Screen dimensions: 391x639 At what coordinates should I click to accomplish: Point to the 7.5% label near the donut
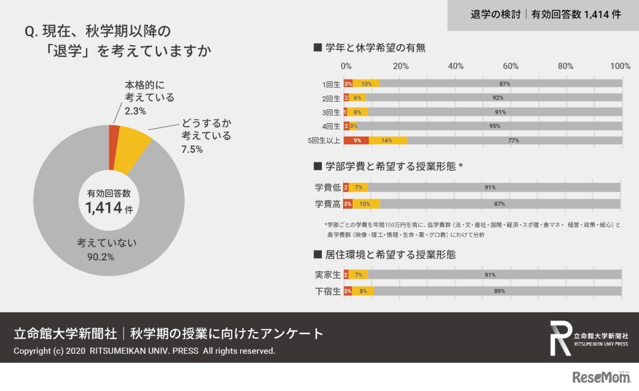pyautogui.click(x=193, y=149)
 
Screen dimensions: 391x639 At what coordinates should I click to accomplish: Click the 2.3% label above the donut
pyautogui.click(x=135, y=111)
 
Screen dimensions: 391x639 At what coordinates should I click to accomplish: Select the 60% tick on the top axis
pyautogui.click(x=510, y=66)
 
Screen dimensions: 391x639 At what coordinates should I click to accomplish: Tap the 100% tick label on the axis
pyautogui.click(x=620, y=66)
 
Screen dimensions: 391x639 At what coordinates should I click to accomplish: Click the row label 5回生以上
pyautogui.click(x=323, y=141)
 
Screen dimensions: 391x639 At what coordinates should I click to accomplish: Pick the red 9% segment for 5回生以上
pyautogui.click(x=356, y=141)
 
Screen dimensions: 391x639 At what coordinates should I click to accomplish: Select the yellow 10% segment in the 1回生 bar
pyautogui.click(x=366, y=84)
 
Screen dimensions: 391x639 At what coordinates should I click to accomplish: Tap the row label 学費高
pyautogui.click(x=328, y=204)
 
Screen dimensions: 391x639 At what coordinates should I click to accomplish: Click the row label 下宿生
pyautogui.click(x=328, y=291)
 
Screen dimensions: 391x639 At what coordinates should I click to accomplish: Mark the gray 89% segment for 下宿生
pyautogui.click(x=497, y=291)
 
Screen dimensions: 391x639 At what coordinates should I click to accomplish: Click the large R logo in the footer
pyautogui.click(x=560, y=338)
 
